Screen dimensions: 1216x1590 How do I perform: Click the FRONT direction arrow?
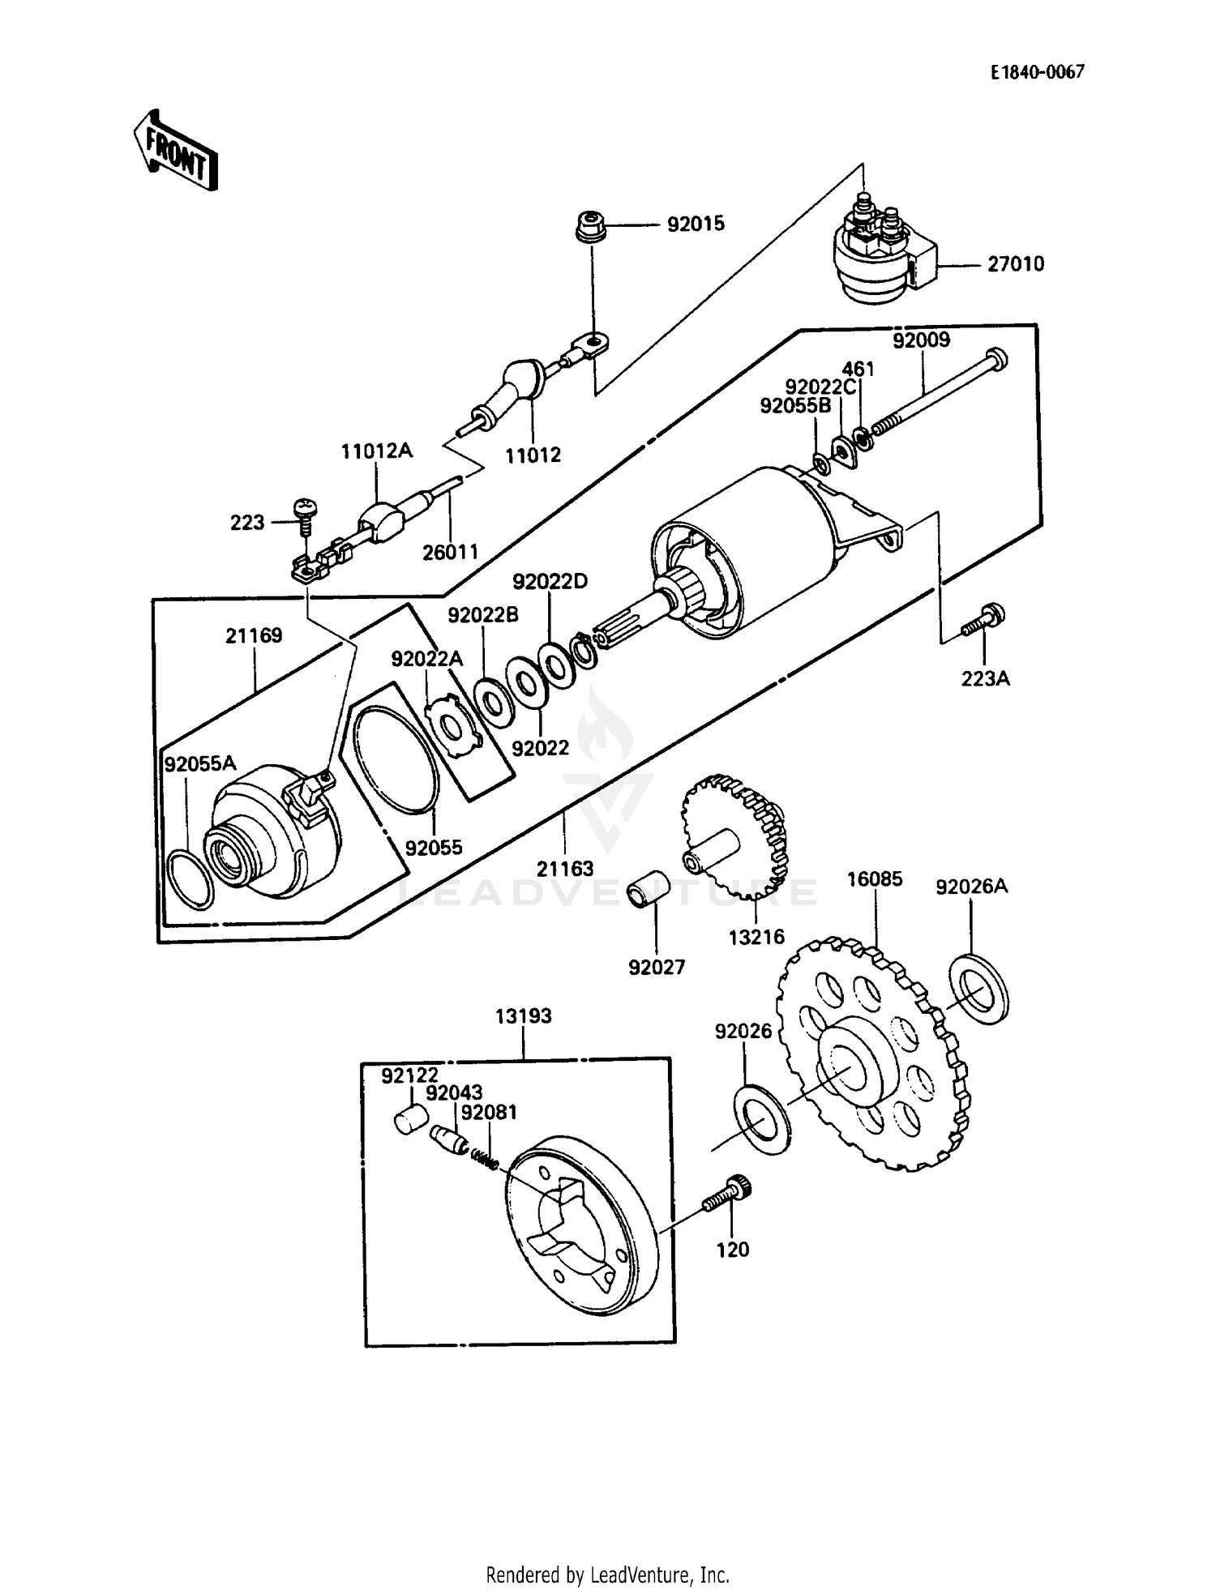(x=175, y=152)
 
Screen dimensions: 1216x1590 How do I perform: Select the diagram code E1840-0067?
(x=1037, y=72)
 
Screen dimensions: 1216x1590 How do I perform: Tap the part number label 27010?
(x=1015, y=264)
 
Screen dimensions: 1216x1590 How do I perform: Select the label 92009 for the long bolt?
(x=921, y=340)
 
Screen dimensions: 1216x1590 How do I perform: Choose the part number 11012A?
(x=376, y=451)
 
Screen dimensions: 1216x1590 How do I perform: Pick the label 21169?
(x=254, y=635)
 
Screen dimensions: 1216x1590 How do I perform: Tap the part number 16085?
(x=875, y=878)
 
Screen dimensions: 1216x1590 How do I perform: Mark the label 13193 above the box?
(x=524, y=1015)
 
